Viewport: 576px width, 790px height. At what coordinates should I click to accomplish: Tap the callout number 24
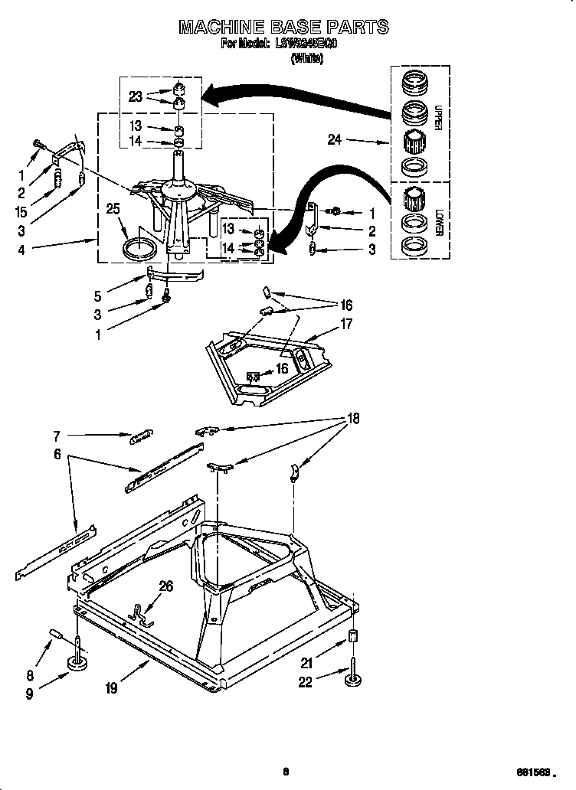click(x=335, y=140)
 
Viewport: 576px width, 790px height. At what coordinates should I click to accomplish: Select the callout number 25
click(x=113, y=209)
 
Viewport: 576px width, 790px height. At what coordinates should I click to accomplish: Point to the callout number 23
click(x=136, y=96)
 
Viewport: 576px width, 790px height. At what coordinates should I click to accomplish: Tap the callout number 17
click(x=346, y=324)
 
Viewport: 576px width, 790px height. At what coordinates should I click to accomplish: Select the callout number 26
click(x=166, y=586)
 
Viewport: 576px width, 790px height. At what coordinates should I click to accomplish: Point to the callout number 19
click(x=113, y=687)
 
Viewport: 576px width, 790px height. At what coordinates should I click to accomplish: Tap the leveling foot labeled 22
click(x=353, y=678)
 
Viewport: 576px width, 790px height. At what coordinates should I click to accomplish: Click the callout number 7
click(x=56, y=436)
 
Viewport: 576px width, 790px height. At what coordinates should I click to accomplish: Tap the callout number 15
click(x=21, y=212)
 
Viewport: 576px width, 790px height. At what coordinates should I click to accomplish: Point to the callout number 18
click(x=353, y=419)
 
